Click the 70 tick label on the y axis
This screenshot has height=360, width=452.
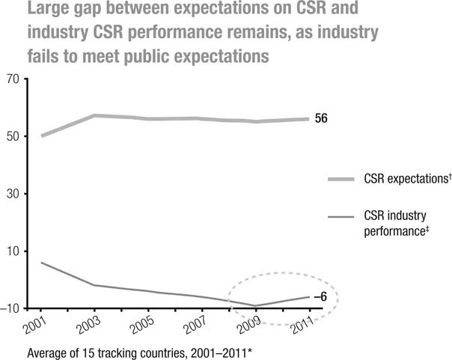click(x=13, y=79)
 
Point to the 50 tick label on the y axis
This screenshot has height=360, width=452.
click(x=13, y=136)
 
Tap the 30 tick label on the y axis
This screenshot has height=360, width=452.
click(x=13, y=194)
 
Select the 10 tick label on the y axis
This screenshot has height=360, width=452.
click(x=13, y=251)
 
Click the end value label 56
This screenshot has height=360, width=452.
click(x=322, y=119)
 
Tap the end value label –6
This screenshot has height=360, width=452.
click(x=320, y=297)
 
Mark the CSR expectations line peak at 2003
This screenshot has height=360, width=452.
click(x=94, y=115)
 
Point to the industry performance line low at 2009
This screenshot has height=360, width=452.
click(x=256, y=305)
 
